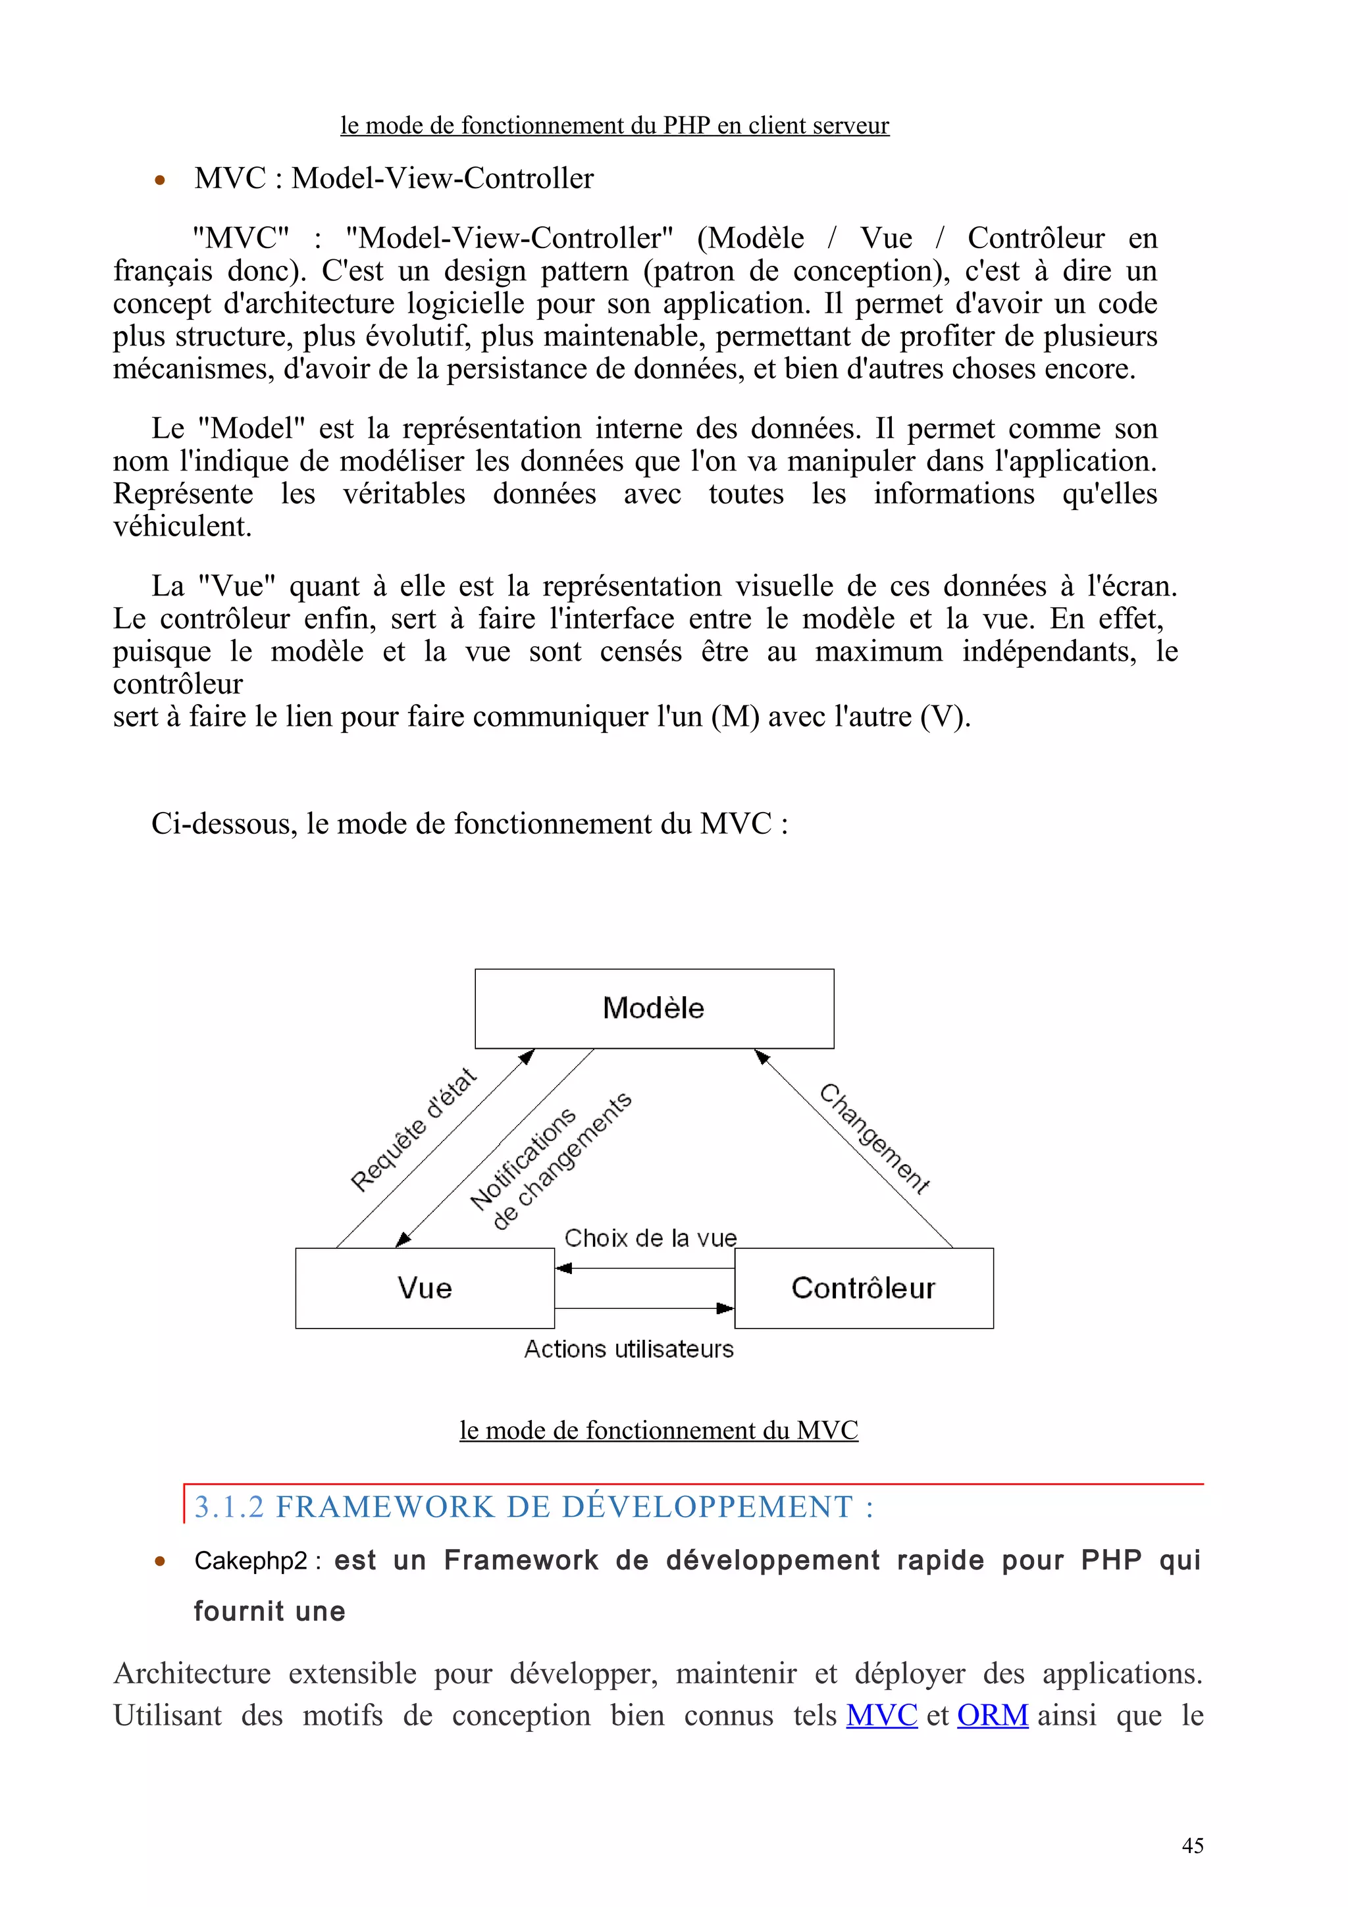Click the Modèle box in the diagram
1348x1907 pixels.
coord(654,1007)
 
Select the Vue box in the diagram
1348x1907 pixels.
coord(425,1287)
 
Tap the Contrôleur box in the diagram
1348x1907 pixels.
coord(863,1287)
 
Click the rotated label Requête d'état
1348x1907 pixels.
coord(413,1131)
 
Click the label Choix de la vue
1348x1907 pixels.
coord(650,1238)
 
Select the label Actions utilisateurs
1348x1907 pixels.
coord(629,1349)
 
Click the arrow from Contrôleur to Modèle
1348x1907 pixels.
coord(856,1150)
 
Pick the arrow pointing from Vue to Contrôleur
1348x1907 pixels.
coord(644,1308)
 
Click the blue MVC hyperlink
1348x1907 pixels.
coord(881,1715)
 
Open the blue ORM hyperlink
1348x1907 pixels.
coord(993,1715)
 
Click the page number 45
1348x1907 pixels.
coord(1192,1846)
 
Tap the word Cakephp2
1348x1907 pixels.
coord(250,1561)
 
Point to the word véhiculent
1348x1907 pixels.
coord(182,526)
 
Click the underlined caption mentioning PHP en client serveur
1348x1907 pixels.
coord(615,126)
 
